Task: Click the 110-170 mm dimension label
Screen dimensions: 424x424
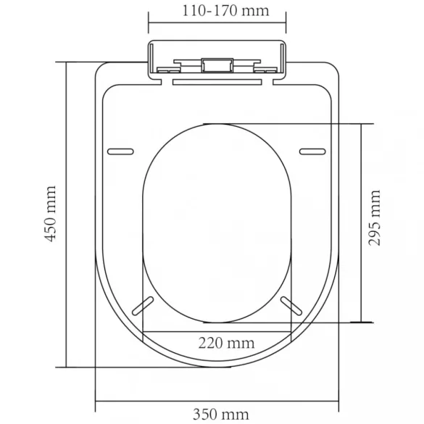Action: [225, 11]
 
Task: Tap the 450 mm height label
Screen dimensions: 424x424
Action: [51, 214]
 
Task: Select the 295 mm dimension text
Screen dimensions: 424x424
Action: [375, 218]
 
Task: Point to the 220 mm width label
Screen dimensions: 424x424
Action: [226, 343]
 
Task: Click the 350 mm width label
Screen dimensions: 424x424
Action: [220, 415]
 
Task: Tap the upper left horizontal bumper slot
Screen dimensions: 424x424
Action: [120, 151]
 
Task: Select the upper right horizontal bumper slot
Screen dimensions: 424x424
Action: [312, 151]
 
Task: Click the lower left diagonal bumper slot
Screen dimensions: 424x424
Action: [143, 306]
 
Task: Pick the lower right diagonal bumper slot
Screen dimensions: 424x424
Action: [291, 306]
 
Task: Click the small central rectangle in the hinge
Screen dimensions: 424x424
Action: [217, 65]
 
